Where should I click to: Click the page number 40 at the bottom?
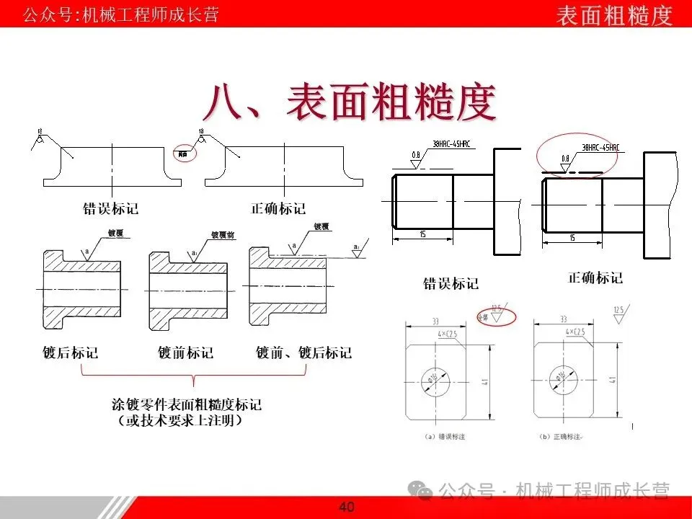[347, 507]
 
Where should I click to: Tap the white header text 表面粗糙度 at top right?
[614, 14]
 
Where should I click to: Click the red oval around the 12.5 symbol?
[496, 316]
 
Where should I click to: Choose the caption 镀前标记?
[185, 352]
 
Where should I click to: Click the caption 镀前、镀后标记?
[304, 352]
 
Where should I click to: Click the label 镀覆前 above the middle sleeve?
[221, 234]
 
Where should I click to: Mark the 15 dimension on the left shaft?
[422, 234]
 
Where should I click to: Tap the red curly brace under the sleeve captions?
[195, 376]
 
